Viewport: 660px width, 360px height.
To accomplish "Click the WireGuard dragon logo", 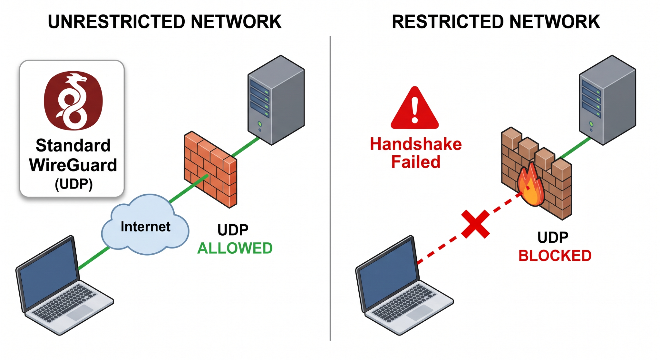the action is [x=73, y=101].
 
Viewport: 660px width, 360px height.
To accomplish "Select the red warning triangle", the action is [x=415, y=108].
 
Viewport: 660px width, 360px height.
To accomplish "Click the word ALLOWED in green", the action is [x=235, y=248].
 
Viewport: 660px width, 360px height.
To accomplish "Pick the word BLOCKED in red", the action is [x=555, y=256].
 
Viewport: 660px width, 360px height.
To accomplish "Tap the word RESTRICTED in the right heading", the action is [x=448, y=22].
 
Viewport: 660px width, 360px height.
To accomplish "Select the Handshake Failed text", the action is [x=416, y=153].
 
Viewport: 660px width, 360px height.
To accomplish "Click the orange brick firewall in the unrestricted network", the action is [x=210, y=169].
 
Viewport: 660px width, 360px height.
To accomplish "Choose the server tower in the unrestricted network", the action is [x=276, y=100].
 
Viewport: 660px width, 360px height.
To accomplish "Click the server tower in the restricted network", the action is [x=607, y=100].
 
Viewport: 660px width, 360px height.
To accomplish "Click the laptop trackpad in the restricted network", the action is [x=420, y=312].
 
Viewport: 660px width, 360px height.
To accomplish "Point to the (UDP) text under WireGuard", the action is [x=74, y=184].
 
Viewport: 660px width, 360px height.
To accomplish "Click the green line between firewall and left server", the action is [x=246, y=147].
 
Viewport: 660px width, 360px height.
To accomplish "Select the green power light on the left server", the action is [x=259, y=124].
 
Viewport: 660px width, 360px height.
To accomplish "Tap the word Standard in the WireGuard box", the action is [x=73, y=145].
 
